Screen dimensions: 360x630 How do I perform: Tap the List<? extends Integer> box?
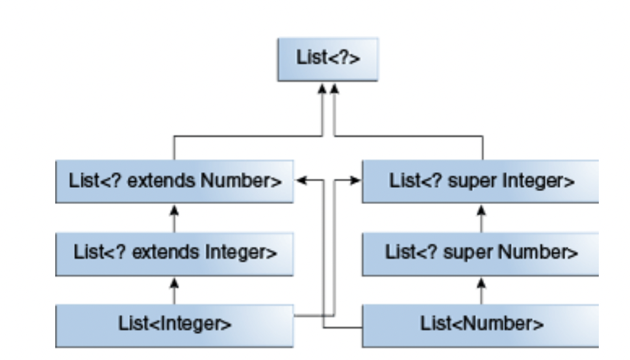pos(173,252)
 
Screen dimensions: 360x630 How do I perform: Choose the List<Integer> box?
pos(173,322)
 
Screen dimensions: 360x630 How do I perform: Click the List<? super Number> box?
pos(481,252)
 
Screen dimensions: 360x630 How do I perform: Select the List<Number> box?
pos(481,322)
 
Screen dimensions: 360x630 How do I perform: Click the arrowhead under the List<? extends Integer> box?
pos(173,281)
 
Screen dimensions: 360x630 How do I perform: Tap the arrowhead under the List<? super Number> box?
pos(481,281)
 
